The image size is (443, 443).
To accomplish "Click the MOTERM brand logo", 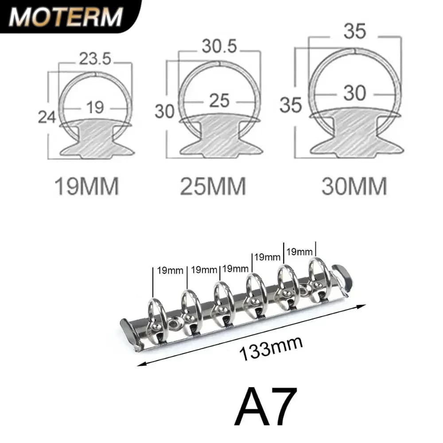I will pos(66,17).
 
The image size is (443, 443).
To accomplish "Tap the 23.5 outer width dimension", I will pos(95,58).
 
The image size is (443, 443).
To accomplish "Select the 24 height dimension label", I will pos(47,117).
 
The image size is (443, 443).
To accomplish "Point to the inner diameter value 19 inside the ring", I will pos(95,107).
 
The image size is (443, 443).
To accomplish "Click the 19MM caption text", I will pos(86,186).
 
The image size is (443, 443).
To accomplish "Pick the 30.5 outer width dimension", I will pos(220,46).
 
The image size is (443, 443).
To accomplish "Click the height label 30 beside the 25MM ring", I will pos(164,111).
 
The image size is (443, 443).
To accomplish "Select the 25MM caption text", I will pos(213,186).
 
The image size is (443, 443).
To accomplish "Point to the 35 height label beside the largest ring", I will pos(291,105).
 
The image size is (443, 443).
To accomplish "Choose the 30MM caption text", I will pos(354,186).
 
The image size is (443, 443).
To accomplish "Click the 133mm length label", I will pos(271,349).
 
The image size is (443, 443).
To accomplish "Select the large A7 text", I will pos(266,407).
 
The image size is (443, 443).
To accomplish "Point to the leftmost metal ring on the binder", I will pos(157,319).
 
